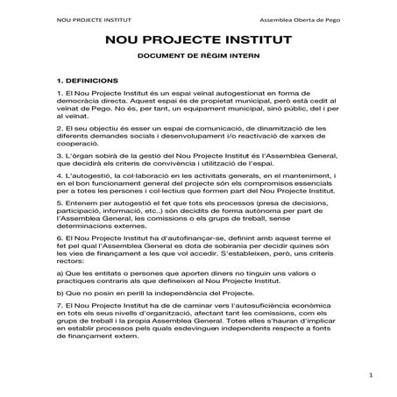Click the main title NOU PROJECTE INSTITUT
coord(198,40)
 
